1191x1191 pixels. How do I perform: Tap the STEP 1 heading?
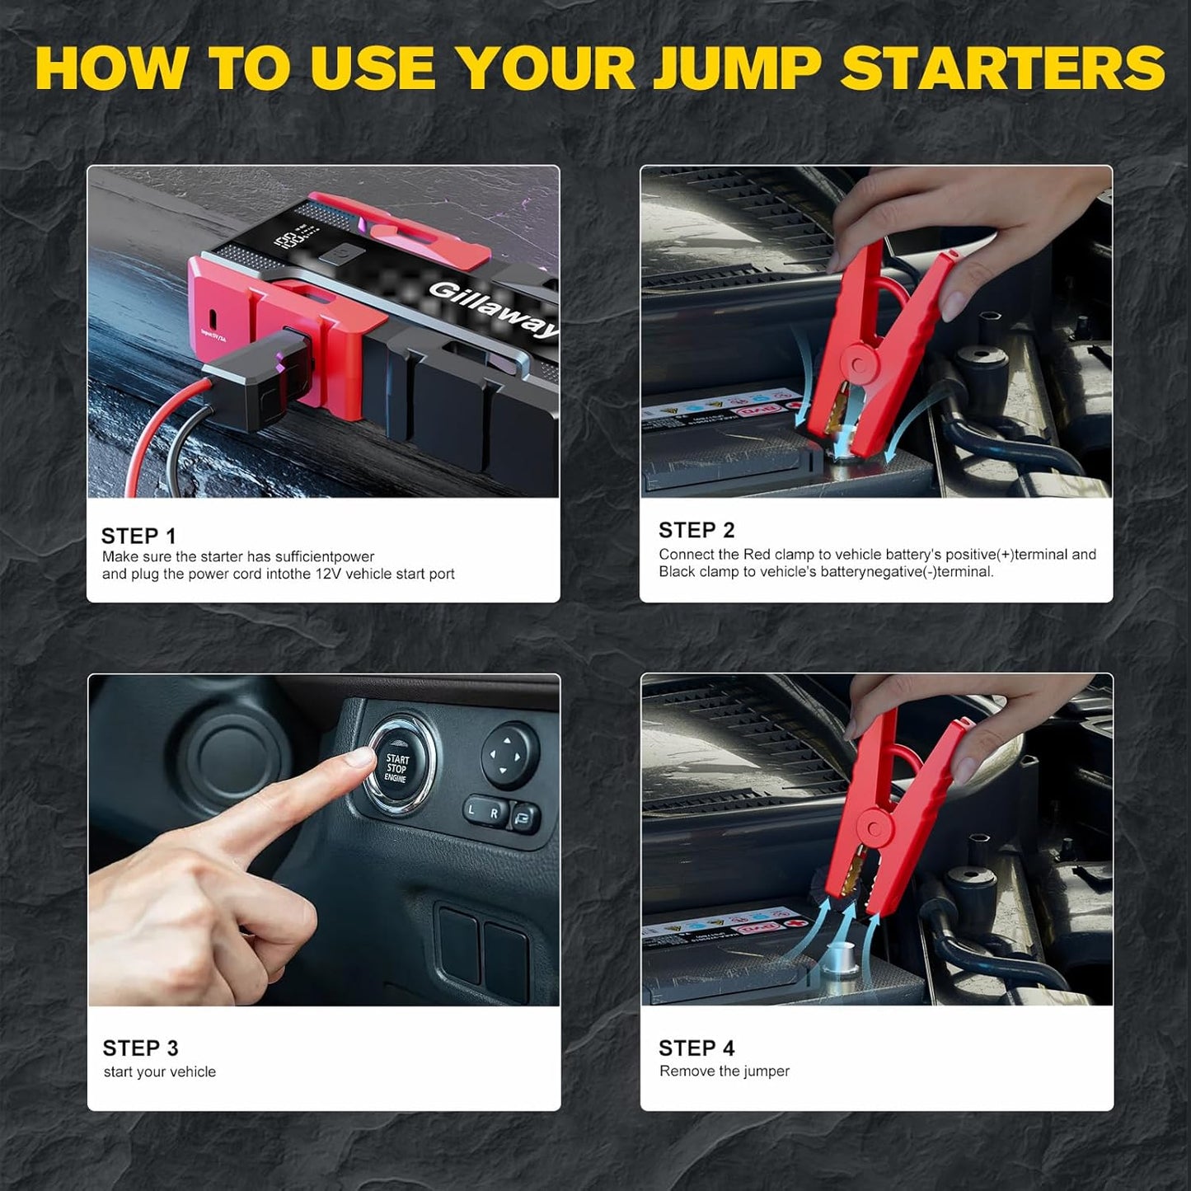[138, 536]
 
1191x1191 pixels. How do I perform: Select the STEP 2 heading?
[696, 530]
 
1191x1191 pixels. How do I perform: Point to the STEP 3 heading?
[140, 1048]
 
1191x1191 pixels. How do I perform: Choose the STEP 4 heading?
[696, 1048]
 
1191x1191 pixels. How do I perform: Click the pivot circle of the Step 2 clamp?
[859, 362]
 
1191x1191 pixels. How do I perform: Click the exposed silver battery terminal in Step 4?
[838, 959]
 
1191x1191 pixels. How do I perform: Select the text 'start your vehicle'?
[159, 1071]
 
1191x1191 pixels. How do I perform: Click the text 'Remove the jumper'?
[724, 1071]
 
